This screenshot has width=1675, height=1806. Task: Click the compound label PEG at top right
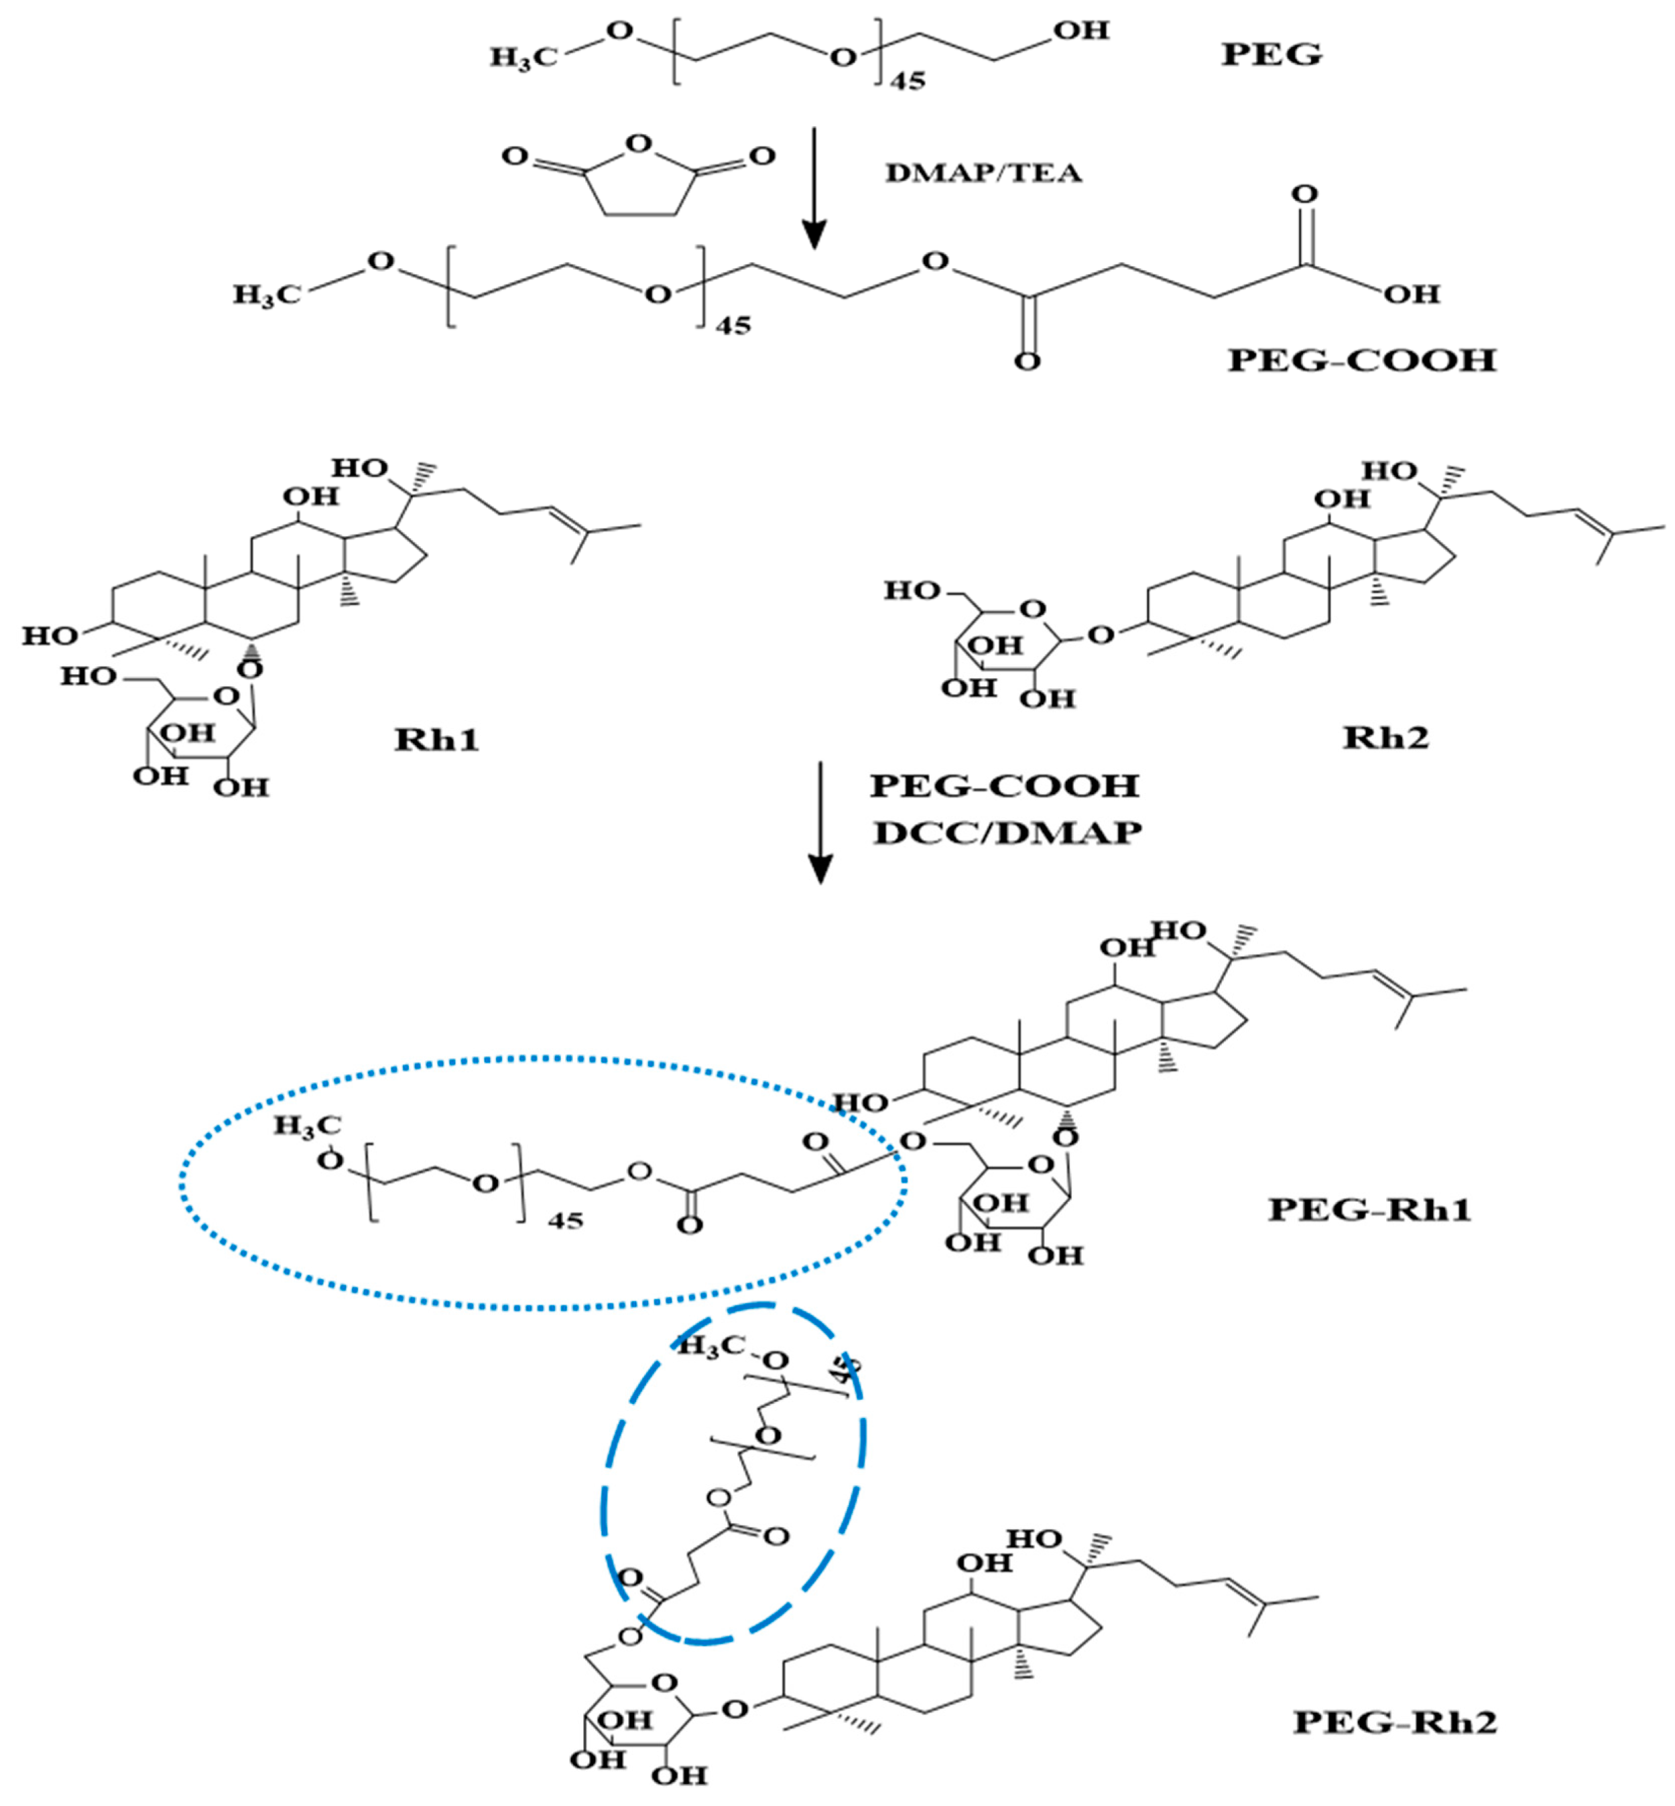point(1271,54)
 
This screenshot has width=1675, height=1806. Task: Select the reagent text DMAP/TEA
point(983,173)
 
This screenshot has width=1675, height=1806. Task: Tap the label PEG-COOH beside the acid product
point(1361,361)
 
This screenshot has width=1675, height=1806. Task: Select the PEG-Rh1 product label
point(1369,1209)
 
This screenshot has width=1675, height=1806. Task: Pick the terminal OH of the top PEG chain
point(1080,31)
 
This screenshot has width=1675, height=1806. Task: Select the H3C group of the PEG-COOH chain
point(267,294)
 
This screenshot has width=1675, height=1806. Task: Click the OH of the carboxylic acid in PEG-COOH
point(1411,294)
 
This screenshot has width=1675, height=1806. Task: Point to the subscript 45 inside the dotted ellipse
point(566,1220)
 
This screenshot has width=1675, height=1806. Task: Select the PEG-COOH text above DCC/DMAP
point(1004,785)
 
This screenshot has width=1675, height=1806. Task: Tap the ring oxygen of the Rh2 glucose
point(1032,609)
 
